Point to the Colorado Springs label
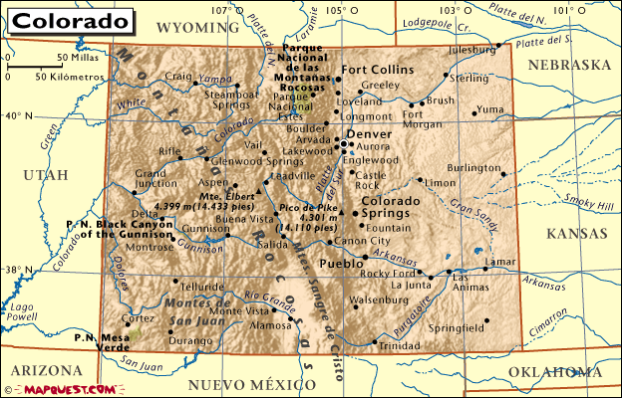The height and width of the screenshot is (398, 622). pyautogui.click(x=384, y=206)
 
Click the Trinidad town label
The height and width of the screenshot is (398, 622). pyautogui.click(x=399, y=345)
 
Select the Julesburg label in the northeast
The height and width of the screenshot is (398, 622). pyautogui.click(x=470, y=48)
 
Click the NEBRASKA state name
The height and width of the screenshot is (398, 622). pyautogui.click(x=569, y=64)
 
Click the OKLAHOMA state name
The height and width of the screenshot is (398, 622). pyautogui.click(x=548, y=371)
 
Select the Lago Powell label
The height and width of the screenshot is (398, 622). pyautogui.click(x=22, y=311)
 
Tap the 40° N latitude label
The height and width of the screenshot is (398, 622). pyautogui.click(x=17, y=115)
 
